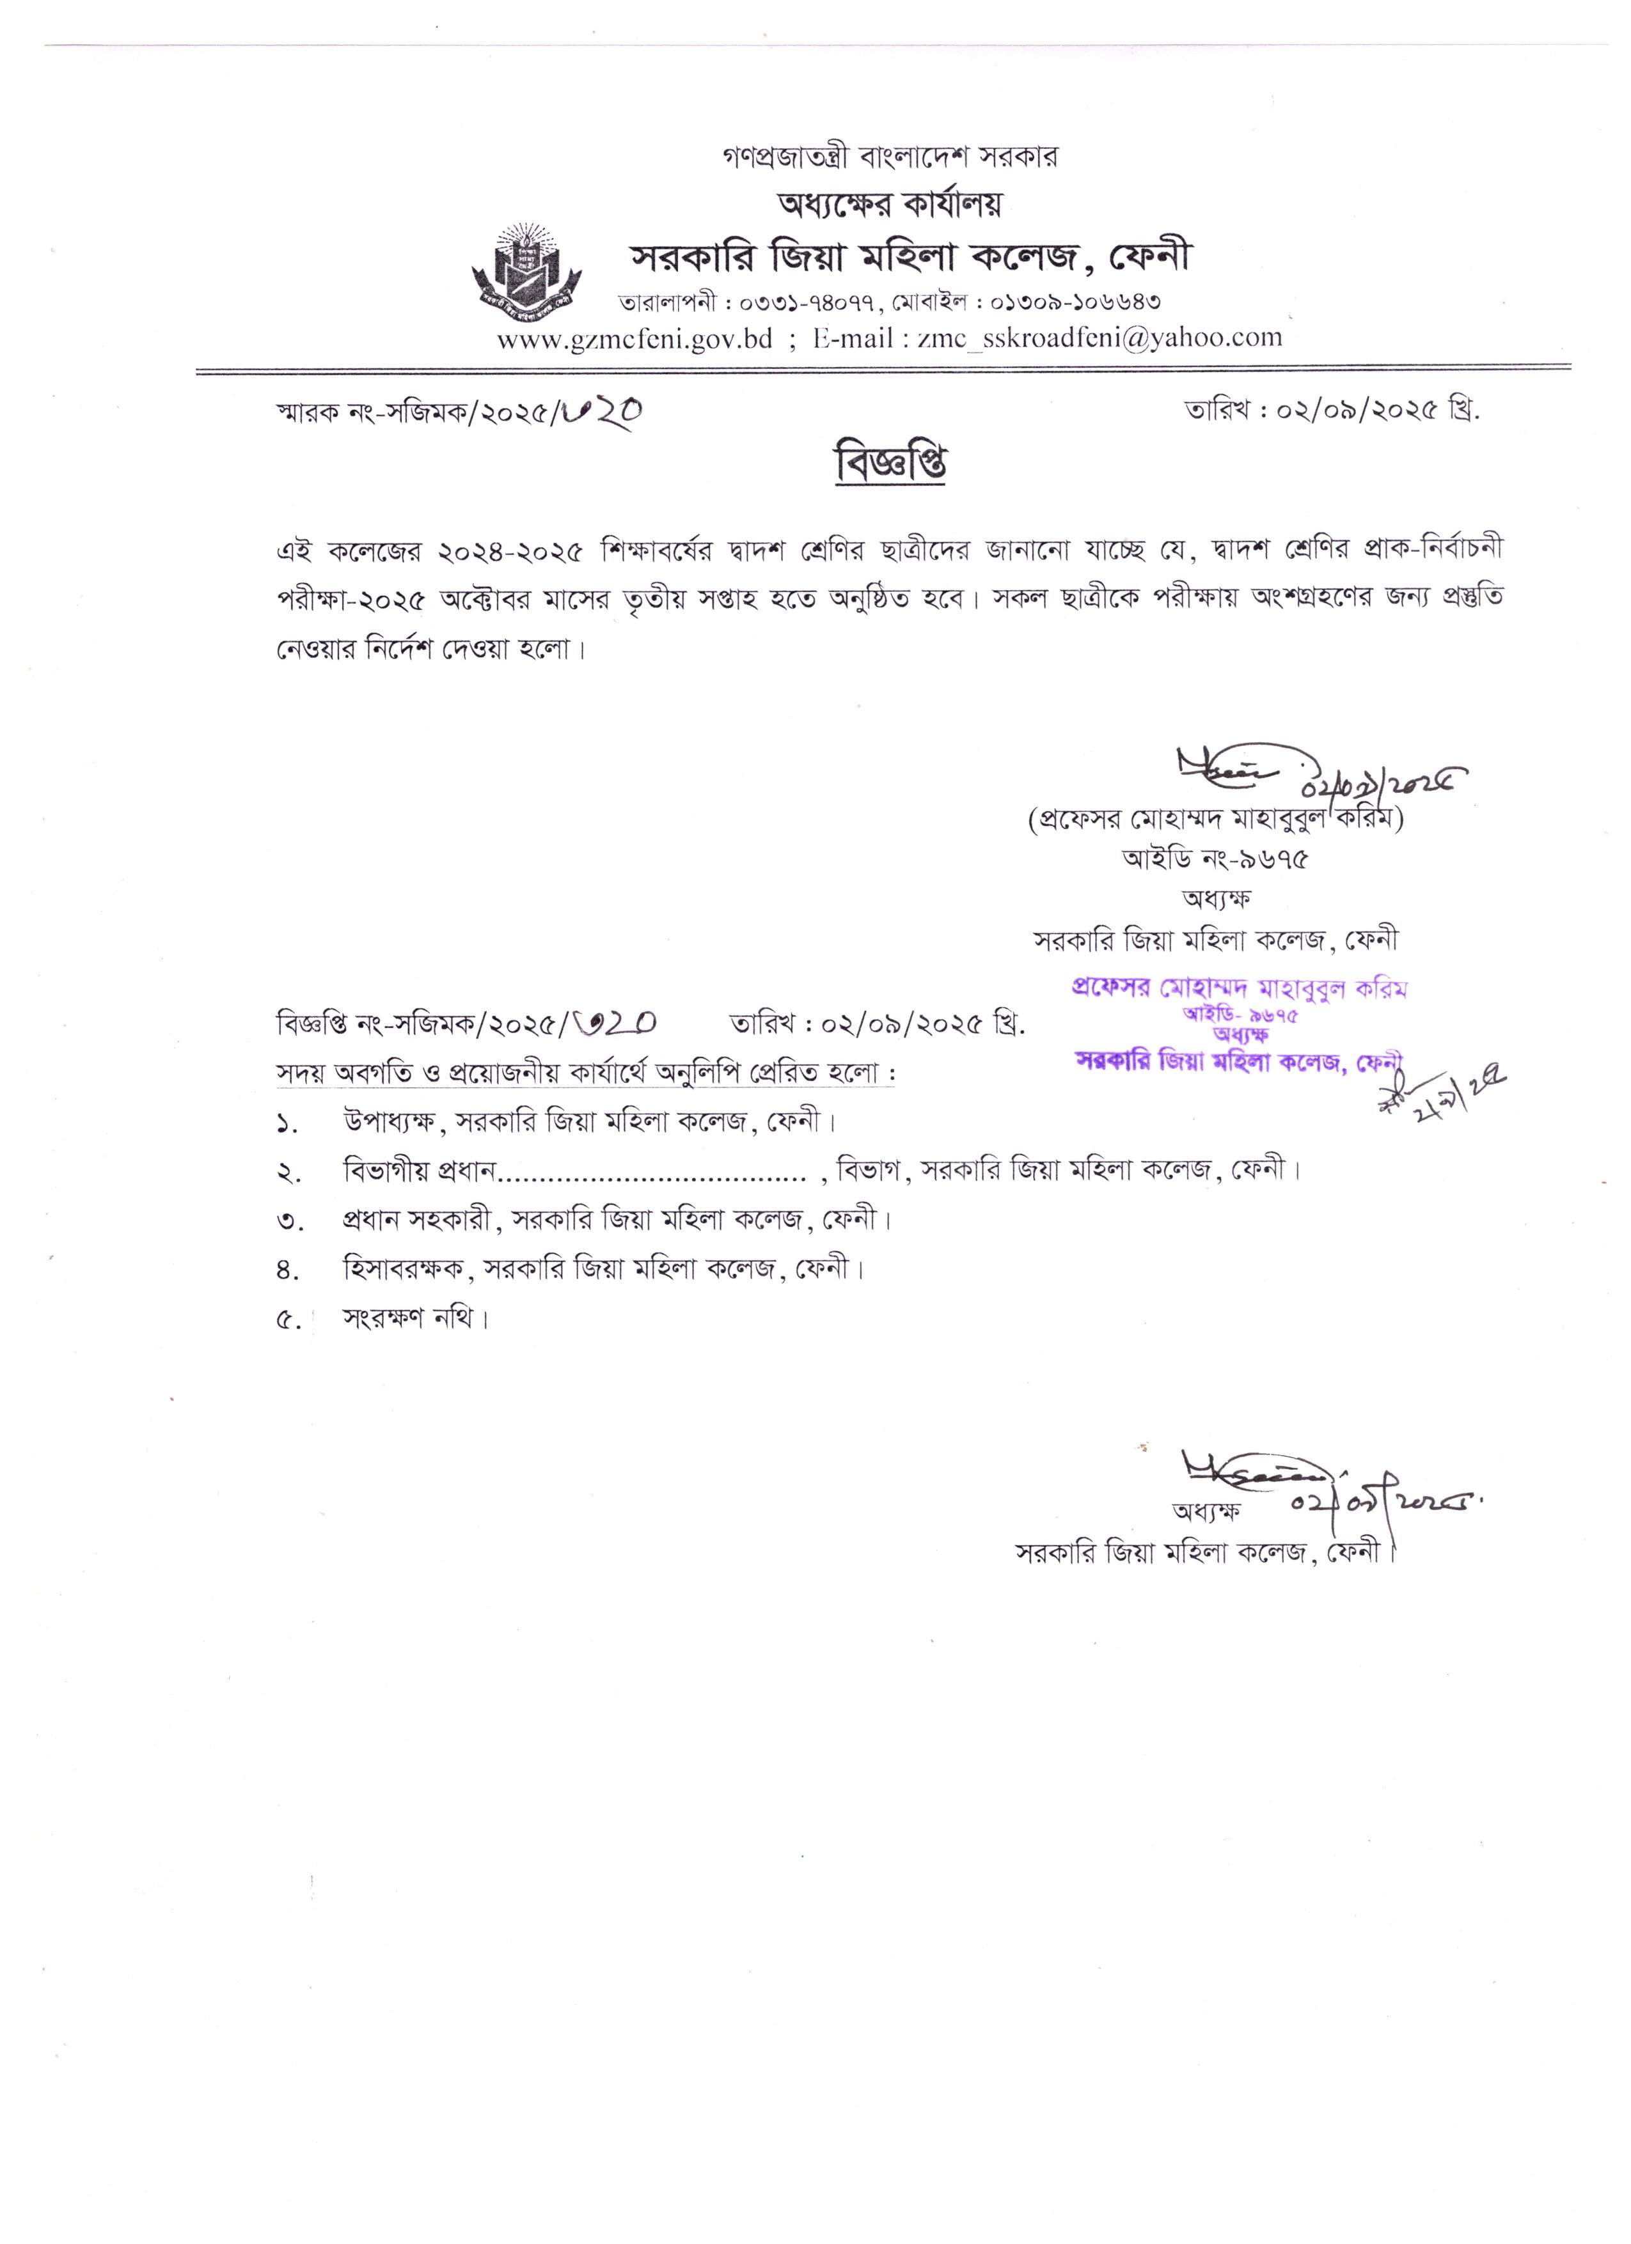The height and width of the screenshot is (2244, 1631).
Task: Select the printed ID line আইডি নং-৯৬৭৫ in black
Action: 1215,859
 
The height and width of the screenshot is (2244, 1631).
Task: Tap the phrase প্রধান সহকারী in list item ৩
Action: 416,1220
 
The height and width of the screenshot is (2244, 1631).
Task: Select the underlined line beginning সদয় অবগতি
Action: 585,1073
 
